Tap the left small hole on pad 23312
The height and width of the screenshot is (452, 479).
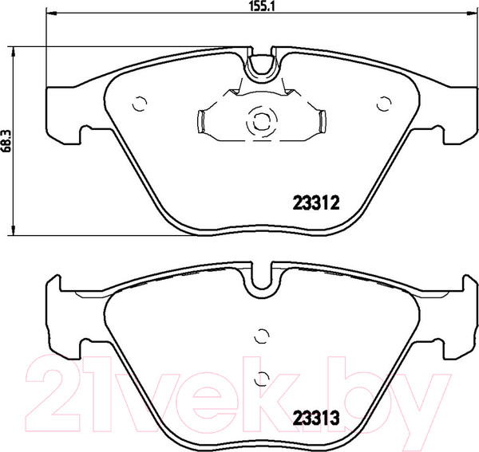tap(140, 102)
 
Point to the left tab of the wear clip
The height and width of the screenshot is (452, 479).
tap(201, 121)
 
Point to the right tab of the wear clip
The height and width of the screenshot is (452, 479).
tap(323, 121)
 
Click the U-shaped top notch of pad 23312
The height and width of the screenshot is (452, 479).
tap(261, 65)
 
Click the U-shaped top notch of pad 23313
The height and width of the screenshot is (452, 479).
tap(261, 279)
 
